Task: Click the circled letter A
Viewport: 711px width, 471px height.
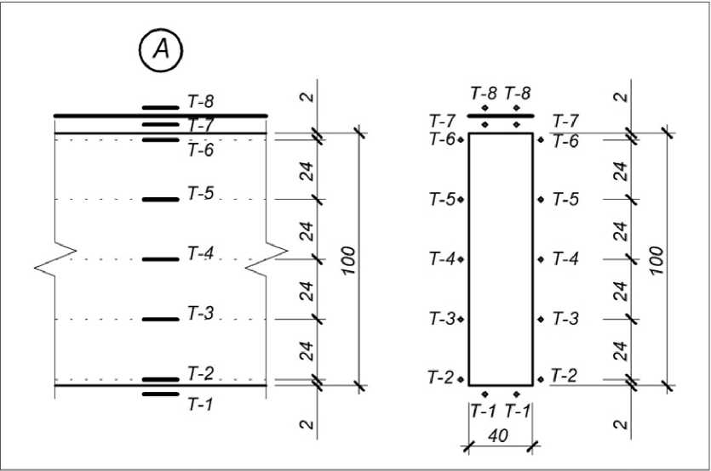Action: tap(161, 51)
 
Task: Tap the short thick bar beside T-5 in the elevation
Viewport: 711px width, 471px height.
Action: tap(160, 200)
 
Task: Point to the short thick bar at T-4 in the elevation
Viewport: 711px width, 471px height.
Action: tap(160, 259)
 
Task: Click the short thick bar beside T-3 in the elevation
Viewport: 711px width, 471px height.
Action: tap(160, 320)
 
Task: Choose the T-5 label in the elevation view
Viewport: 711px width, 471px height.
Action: tap(200, 193)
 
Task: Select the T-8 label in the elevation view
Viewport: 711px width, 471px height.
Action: tap(200, 102)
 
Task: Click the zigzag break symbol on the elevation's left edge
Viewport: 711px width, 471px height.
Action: tap(55, 259)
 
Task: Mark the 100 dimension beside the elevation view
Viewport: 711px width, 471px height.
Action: tap(348, 259)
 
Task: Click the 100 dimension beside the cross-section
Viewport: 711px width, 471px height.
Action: tap(657, 259)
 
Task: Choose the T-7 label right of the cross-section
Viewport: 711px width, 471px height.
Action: tap(566, 119)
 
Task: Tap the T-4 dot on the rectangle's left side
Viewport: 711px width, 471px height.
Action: tap(461, 259)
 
